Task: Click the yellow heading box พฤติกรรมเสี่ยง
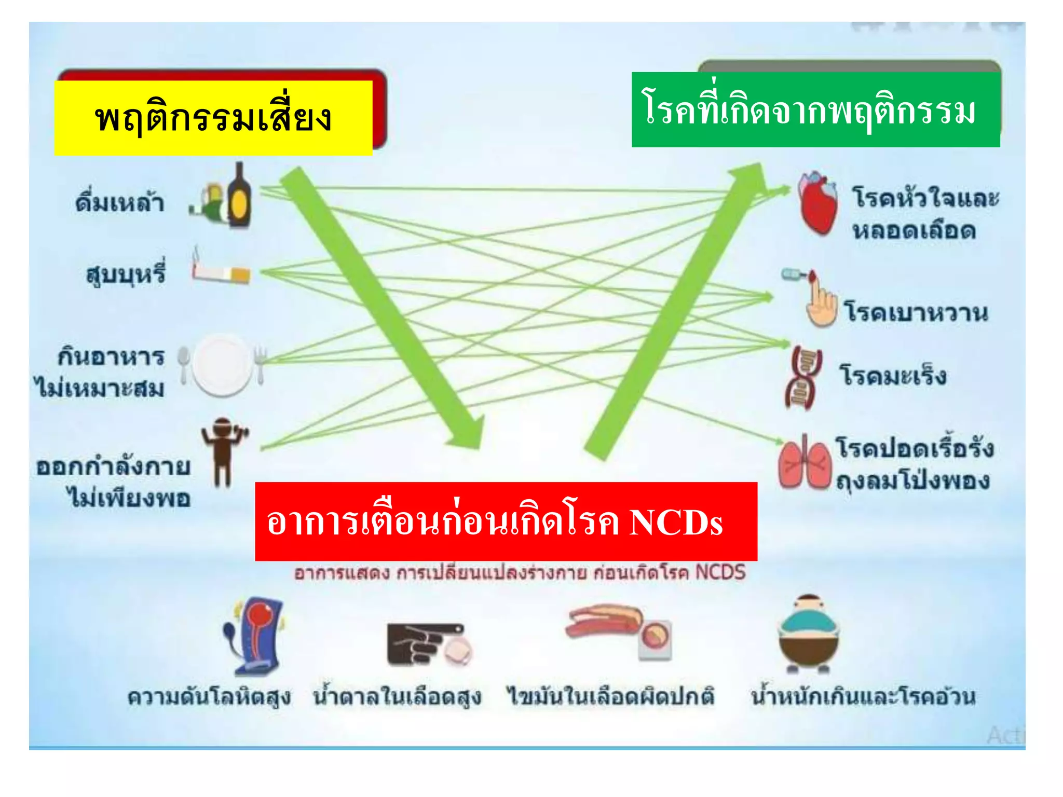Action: [213, 118]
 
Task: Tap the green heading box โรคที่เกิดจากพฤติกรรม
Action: [815, 110]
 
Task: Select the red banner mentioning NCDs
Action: [506, 521]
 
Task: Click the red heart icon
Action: [818, 203]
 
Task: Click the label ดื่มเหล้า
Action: [120, 202]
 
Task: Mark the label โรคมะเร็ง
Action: [893, 375]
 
